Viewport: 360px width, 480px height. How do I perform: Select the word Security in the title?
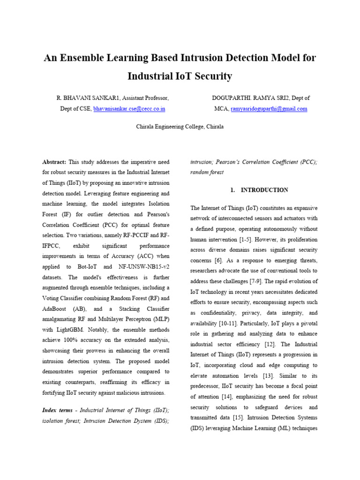tap(211, 76)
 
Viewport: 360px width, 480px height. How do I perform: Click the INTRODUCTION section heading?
tap(264, 190)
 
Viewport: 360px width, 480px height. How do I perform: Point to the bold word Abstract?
tap(54, 162)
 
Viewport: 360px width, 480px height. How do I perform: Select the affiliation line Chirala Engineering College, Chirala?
tap(180, 127)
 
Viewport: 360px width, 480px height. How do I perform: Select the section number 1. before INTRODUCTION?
tap(232, 190)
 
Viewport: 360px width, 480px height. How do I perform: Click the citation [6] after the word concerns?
tap(218, 260)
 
